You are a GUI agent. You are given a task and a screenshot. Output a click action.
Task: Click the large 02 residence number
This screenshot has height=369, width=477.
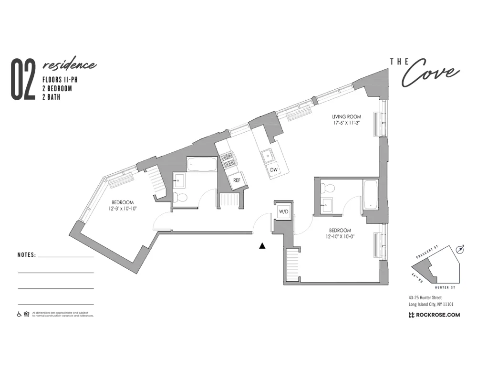[x=23, y=80]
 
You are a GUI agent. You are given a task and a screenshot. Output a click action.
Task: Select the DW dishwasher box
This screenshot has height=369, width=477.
[x=274, y=170]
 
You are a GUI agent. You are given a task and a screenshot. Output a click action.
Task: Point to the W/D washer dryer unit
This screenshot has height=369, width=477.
[x=283, y=211]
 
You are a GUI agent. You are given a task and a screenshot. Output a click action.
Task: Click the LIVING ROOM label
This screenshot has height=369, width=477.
[x=346, y=117]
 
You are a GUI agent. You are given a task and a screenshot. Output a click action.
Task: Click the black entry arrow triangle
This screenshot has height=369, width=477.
[x=262, y=246]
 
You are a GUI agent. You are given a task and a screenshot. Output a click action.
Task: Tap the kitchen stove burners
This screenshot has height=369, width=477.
[x=228, y=159]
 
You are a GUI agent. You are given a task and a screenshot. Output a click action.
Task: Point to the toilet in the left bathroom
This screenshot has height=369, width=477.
[x=180, y=197]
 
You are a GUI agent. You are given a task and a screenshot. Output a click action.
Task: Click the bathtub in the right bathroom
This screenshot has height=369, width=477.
[x=371, y=195]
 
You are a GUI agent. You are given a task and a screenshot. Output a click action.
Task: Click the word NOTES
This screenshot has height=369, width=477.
[x=27, y=255]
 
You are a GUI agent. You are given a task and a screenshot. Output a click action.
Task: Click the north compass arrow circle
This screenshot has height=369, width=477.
[x=460, y=249]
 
